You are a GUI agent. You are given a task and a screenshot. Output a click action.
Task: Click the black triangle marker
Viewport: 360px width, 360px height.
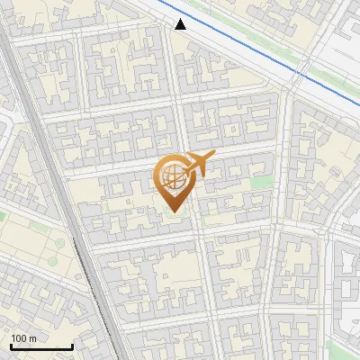tap(181, 23)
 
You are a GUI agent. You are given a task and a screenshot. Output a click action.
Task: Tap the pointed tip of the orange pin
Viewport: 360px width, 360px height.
tap(173, 211)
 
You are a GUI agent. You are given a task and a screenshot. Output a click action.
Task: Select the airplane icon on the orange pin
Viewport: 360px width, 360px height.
tap(197, 165)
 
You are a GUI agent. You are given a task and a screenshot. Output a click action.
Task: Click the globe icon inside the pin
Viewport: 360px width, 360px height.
tap(172, 175)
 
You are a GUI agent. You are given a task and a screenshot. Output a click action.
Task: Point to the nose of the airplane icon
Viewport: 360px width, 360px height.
tap(213, 156)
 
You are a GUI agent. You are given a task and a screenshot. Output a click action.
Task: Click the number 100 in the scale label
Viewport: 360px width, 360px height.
tap(19, 337)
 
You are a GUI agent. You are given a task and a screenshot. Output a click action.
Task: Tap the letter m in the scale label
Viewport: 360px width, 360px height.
tap(32, 337)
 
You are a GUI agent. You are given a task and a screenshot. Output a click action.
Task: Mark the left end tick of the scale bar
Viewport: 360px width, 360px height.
tap(12, 346)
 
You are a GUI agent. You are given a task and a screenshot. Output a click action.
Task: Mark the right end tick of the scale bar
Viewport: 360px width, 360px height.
tap(72, 346)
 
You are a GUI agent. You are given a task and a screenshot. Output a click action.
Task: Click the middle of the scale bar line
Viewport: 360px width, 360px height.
tap(41, 347)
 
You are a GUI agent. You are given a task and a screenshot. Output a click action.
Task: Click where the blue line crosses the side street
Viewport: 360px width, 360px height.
tap(297, 75)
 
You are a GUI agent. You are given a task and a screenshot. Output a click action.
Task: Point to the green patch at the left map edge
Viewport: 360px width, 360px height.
tap(3, 216)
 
